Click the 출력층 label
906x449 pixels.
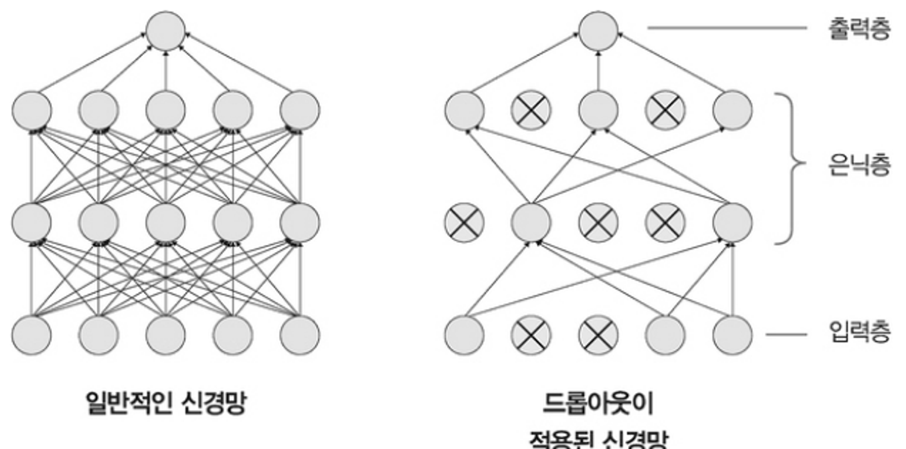(859, 28)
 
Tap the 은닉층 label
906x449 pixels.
(859, 164)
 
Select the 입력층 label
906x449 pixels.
(859, 332)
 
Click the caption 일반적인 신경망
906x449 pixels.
(166, 402)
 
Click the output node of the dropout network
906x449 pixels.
(598, 31)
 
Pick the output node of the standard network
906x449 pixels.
(165, 31)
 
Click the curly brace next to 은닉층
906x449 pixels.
(790, 169)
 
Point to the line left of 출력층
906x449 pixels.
(727, 28)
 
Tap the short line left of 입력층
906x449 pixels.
(786, 335)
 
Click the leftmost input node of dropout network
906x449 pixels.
(464, 335)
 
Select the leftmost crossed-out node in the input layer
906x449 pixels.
(531, 335)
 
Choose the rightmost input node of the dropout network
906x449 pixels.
(733, 335)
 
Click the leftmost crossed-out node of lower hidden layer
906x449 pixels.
(464, 223)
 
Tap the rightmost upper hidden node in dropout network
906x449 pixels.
(733, 111)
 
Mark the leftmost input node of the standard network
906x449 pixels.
(31, 335)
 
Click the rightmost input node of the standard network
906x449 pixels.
(299, 335)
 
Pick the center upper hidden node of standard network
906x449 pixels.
(165, 111)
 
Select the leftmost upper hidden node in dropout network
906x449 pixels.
(464, 111)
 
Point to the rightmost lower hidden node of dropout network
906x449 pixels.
(733, 223)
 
